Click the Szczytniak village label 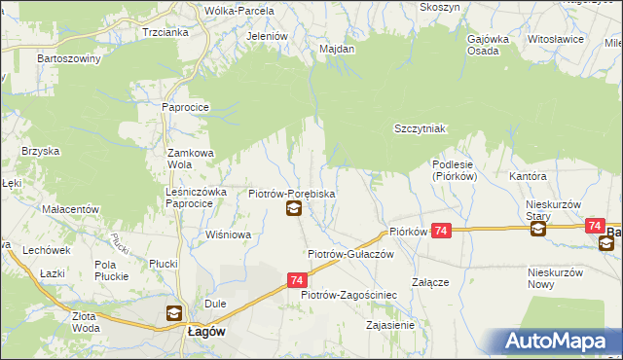click(420, 128)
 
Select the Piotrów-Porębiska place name click(292, 194)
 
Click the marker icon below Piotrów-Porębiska click(293, 209)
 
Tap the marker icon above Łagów click(173, 313)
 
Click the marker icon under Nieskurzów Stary click(538, 230)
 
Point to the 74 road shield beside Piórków click(442, 231)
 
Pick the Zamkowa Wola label click(191, 159)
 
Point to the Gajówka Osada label click(489, 46)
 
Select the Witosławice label click(555, 40)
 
